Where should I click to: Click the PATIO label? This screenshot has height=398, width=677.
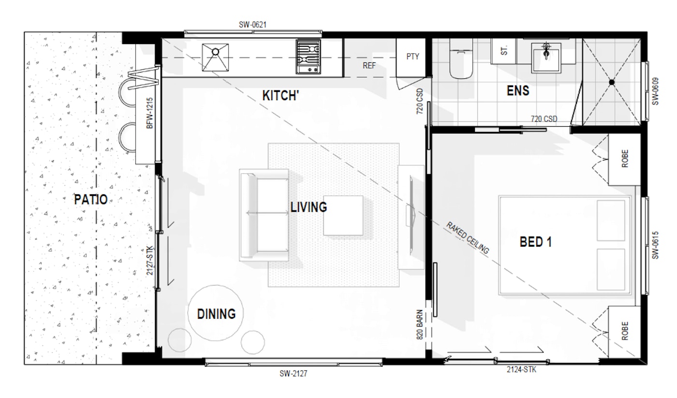[91, 199]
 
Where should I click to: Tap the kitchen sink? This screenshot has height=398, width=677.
[215, 58]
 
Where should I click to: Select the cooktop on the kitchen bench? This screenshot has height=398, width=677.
[308, 57]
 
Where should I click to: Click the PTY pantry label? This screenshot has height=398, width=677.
[412, 57]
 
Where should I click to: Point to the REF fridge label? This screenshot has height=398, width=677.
[369, 66]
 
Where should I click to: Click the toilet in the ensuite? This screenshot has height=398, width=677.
[460, 59]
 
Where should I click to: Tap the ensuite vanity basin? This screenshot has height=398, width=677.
[546, 58]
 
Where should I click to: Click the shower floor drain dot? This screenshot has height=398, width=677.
[611, 82]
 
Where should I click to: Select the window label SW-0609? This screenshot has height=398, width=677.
[655, 91]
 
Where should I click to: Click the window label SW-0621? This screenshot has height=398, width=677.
[252, 25]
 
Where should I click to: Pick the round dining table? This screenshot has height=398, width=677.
[216, 313]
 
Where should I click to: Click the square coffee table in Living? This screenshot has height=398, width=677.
[343, 216]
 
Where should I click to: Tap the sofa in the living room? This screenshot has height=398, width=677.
[264, 215]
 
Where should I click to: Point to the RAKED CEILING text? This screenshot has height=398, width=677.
[468, 238]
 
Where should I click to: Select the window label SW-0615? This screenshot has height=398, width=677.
[655, 245]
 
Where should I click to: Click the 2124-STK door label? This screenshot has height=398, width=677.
[522, 369]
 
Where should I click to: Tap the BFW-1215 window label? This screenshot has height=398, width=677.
[149, 113]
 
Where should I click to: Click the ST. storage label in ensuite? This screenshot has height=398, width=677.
[504, 50]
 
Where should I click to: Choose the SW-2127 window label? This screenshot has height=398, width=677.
[293, 374]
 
